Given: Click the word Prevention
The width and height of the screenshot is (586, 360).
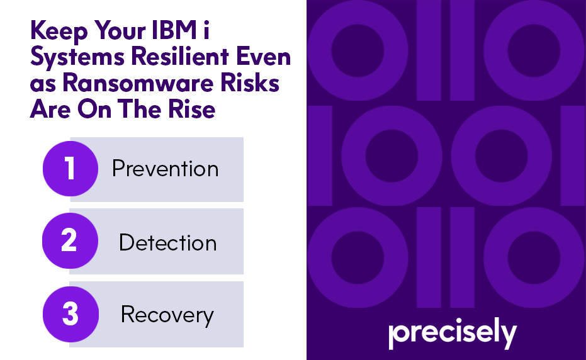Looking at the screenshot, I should [165, 169].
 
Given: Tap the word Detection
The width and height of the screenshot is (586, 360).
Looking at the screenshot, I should [167, 243].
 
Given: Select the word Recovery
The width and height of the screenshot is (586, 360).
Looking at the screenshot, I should [167, 314].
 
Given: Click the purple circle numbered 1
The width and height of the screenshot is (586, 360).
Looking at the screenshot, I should [70, 169].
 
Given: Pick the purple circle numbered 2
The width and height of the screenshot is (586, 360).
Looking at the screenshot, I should [70, 242].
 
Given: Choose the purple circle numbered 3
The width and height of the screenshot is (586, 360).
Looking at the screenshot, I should [70, 314].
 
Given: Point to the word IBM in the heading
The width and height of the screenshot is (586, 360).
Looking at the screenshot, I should [218, 30].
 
